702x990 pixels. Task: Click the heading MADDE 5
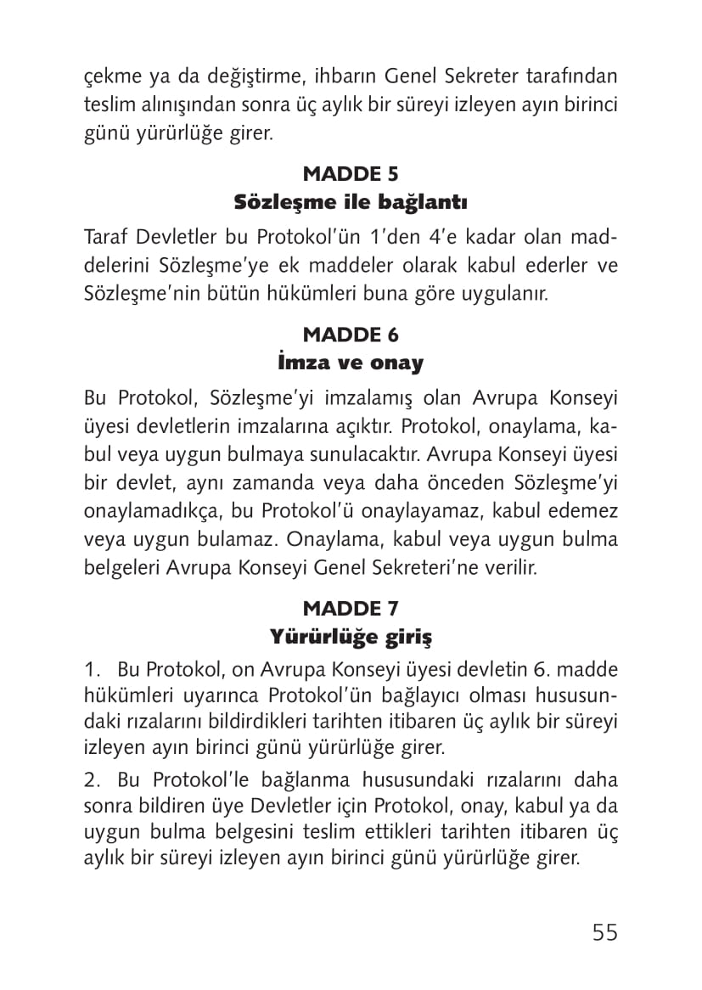351,174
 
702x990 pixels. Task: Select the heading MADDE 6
351,335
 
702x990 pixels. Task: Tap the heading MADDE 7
351,608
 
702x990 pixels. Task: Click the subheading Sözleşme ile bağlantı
351,204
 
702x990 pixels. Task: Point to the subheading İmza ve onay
351,363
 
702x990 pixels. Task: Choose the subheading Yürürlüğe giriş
351,636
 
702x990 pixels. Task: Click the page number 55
604,931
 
